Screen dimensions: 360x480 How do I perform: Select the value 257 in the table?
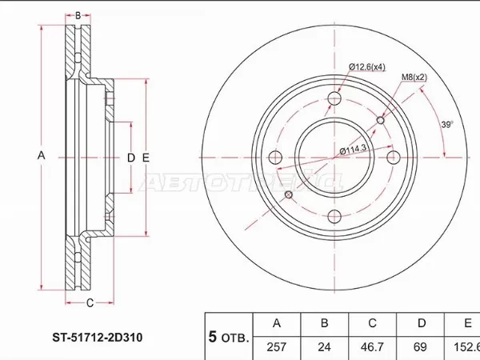[276, 349]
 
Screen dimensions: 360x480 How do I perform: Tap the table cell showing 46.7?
[371, 349]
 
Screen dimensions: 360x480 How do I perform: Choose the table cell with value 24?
[324, 349]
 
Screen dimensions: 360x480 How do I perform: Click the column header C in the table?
[371, 324]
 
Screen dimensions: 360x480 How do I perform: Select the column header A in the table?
[276, 324]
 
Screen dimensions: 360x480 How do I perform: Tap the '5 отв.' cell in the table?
[229, 336]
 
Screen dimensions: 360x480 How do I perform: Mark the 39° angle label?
[447, 124]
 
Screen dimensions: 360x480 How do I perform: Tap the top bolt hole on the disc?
[335, 98]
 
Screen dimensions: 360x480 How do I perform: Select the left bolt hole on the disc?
[276, 158]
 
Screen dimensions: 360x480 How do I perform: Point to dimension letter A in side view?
[41, 156]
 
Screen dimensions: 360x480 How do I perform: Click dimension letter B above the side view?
[78, 15]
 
